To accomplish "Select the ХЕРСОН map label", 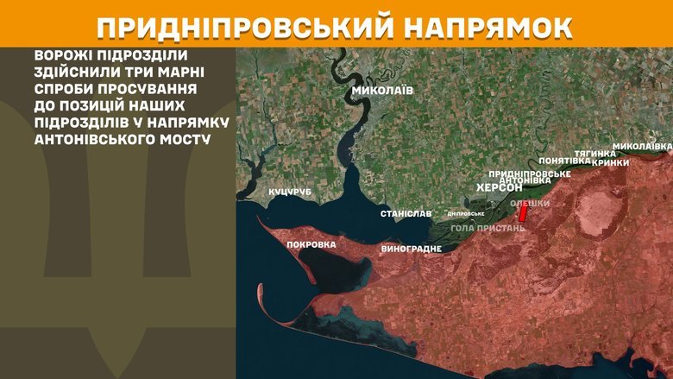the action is click(x=500, y=188).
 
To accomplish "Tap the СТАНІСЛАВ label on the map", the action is click(x=406, y=213).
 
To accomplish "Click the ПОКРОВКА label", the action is click(x=311, y=244).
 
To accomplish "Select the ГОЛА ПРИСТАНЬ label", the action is click(x=488, y=228).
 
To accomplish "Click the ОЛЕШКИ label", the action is click(x=530, y=204).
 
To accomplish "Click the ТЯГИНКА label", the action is click(x=595, y=153).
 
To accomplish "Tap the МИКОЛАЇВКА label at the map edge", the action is click(x=642, y=146).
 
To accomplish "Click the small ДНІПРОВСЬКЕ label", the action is click(x=466, y=213).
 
